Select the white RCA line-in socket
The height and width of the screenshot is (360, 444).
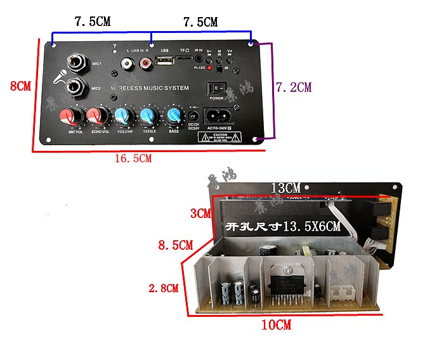point(129,64)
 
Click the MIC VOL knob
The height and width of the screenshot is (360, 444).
point(69,117)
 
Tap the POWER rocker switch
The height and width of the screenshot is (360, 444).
point(217,89)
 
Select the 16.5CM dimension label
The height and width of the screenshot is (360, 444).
point(133,158)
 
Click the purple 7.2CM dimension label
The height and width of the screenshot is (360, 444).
point(293,87)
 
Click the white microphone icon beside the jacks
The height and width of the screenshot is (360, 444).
point(59,76)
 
